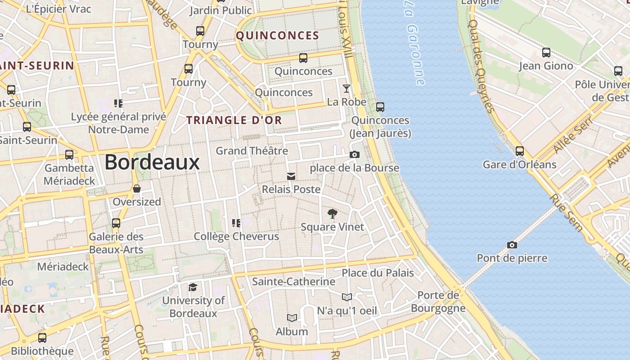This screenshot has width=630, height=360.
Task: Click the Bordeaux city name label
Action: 152,162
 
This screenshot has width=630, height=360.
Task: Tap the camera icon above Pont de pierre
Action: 512,245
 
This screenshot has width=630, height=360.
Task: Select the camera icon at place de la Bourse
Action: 355,155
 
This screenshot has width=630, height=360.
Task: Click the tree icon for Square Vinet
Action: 332,214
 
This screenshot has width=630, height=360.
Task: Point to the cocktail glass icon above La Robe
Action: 346,89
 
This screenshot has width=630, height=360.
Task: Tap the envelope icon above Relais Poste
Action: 291,176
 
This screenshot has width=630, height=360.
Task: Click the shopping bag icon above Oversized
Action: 136,189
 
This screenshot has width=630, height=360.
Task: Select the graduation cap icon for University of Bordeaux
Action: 193,287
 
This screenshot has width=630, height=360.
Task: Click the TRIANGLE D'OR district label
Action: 234,120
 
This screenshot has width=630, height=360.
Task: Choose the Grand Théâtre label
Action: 252,151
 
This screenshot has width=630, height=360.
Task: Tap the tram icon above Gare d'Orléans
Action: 520,151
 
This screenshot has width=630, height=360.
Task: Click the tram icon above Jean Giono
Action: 546,53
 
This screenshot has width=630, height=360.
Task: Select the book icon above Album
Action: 292,318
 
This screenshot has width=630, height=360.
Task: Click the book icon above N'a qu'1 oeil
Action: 346,297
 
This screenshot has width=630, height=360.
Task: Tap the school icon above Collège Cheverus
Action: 236,223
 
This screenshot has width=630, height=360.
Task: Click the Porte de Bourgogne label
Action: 438,301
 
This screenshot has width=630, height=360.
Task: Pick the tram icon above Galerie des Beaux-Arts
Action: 116,223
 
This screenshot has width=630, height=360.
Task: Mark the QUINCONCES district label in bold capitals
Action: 278,36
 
